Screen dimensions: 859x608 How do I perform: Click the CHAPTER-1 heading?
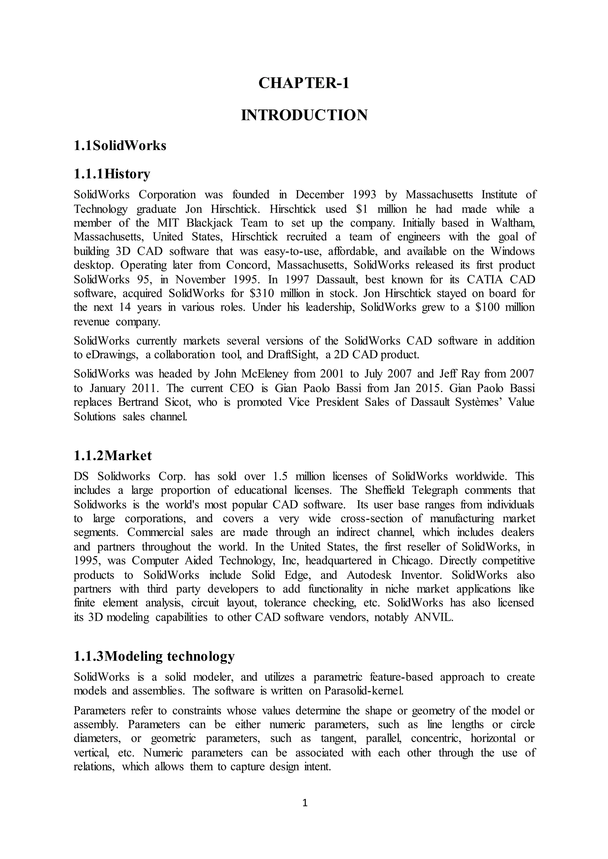[304, 83]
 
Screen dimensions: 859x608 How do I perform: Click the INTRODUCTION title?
[304, 115]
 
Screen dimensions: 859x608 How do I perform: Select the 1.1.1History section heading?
[112, 174]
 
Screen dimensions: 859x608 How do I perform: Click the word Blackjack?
[209, 223]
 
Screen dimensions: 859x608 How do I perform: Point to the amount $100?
[487, 307]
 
